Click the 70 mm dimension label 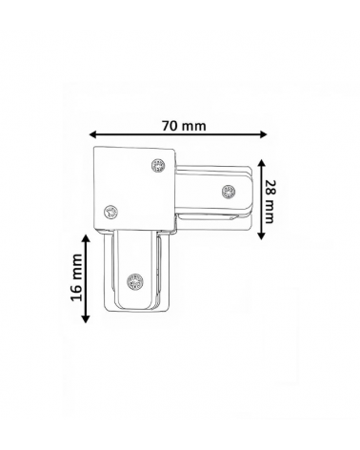pos(184,126)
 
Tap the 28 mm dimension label pos(269,202)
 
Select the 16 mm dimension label pos(76,277)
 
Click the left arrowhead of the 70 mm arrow pos(92,134)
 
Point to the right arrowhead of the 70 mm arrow pos(263,134)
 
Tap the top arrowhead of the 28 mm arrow pos(261,163)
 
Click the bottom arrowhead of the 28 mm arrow pos(261,235)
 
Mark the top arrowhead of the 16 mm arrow pos(86,238)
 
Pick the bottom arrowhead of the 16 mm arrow pos(86,319)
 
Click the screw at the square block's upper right pos(158,166)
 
